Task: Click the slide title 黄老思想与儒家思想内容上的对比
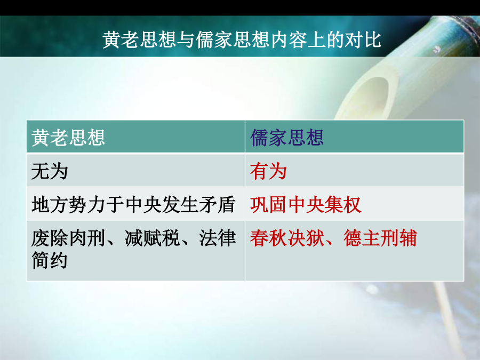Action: pos(242,39)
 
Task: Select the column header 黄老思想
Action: pos(68,137)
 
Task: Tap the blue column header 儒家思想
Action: pos(287,137)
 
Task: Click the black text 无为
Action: pos(49,171)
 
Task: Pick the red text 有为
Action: pos(268,171)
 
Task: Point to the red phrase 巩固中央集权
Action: pos(306,204)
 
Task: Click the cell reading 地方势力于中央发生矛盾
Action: pos(133,204)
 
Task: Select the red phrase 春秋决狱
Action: pos(287,238)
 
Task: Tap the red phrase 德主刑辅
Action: pos(380,238)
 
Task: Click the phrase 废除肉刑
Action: pos(68,238)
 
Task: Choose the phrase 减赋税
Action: pos(152,238)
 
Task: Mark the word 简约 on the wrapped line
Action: pos(49,260)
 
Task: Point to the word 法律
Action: pos(218,238)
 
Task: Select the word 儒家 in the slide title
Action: pos(214,39)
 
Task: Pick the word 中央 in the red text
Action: pos(306,204)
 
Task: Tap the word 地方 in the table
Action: pos(49,204)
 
